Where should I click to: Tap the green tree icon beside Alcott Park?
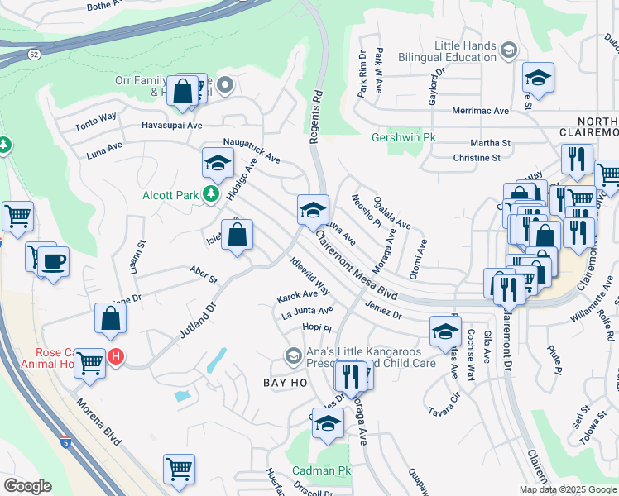[x=211, y=194]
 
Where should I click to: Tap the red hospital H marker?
[x=117, y=357]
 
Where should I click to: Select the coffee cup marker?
[x=54, y=262]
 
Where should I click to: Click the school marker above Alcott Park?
[x=218, y=162]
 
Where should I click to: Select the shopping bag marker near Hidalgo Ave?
[x=238, y=234]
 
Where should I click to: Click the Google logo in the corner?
[x=26, y=486]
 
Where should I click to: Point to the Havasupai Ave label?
[x=171, y=126]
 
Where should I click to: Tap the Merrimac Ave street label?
[x=480, y=111]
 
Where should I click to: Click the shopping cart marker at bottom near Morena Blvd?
[x=179, y=470]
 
